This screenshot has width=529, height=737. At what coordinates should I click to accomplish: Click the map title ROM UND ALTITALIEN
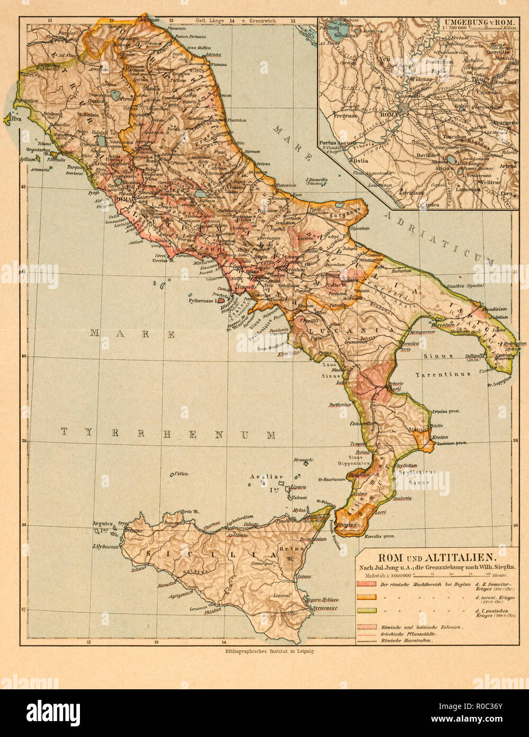[x=436, y=557]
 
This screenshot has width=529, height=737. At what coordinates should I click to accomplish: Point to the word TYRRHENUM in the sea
[x=168, y=434]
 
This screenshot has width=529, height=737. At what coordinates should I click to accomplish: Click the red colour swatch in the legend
[x=366, y=584]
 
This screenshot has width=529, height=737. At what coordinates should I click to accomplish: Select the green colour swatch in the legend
[x=366, y=610]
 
